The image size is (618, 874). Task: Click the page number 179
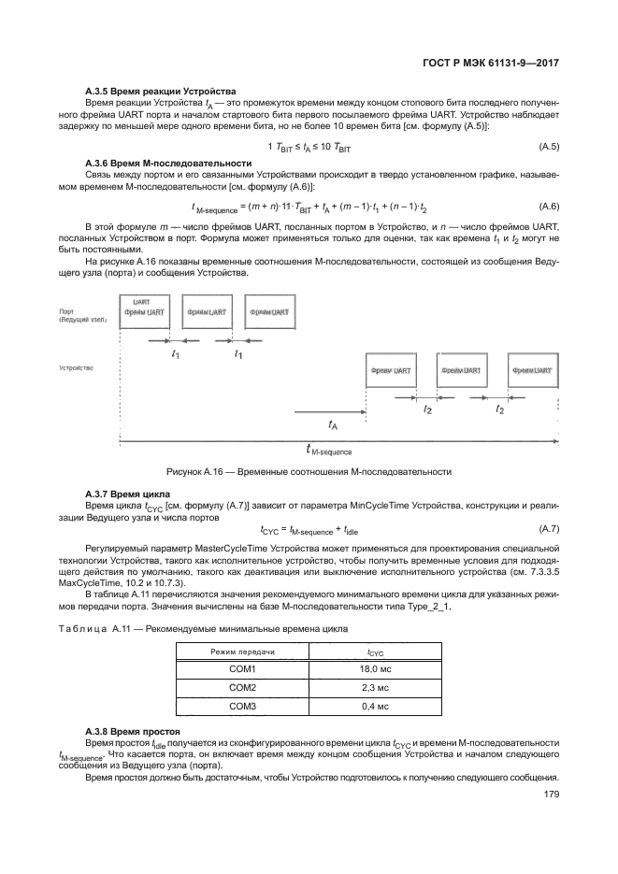(x=550, y=796)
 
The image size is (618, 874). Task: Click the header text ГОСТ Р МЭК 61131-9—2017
(x=492, y=64)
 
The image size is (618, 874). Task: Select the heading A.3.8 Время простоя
(x=129, y=729)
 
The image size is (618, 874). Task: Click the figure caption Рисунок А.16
(x=308, y=471)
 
